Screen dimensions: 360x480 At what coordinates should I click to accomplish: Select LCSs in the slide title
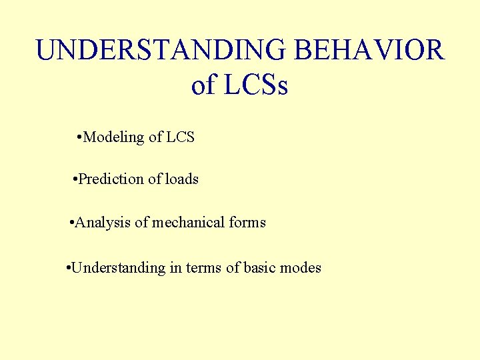click(257, 85)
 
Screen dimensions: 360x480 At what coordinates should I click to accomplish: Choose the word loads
click(181, 179)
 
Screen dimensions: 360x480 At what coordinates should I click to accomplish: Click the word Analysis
click(103, 223)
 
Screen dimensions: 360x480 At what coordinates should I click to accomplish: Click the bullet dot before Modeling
click(79, 137)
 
